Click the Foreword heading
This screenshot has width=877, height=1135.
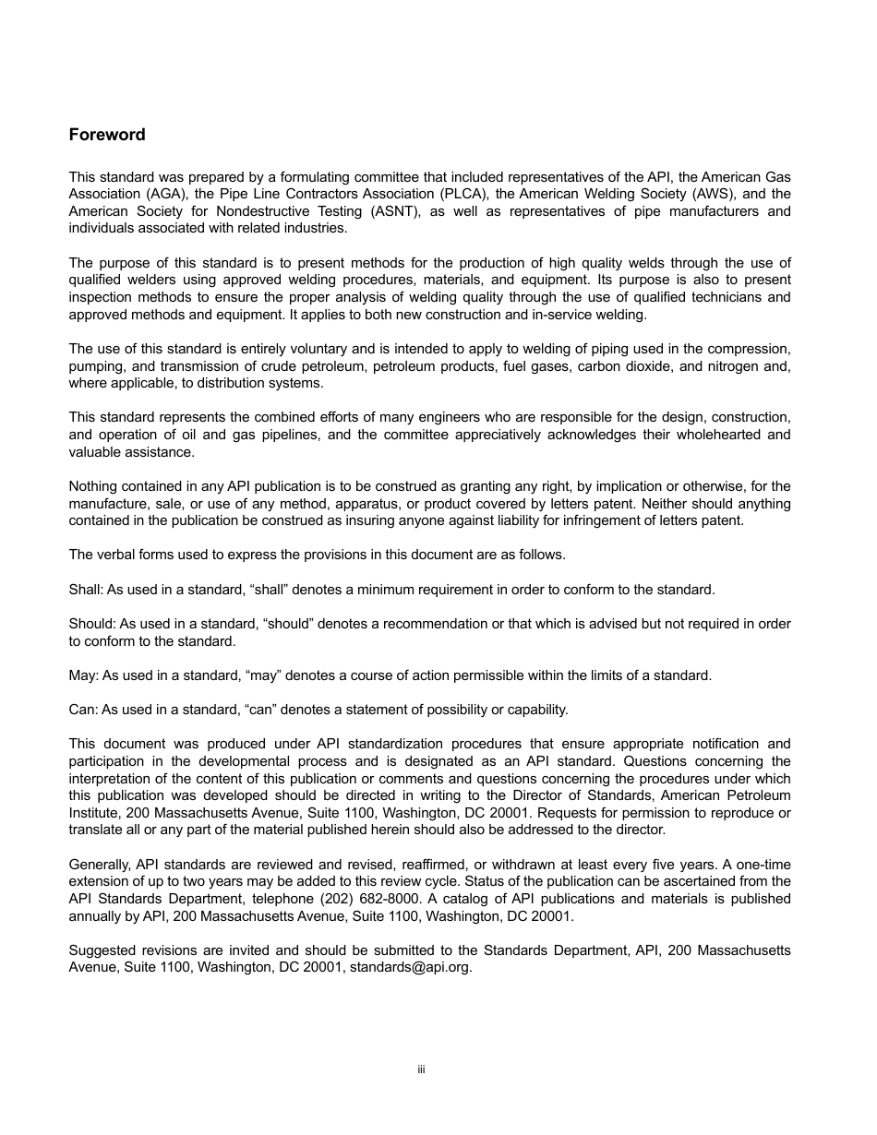tap(107, 135)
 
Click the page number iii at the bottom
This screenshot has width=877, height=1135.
tap(421, 1069)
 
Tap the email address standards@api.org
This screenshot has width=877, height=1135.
tap(410, 968)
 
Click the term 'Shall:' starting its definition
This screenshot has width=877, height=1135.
tap(86, 589)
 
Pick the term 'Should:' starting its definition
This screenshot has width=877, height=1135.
tap(92, 624)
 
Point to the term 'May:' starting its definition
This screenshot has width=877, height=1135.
tap(83, 675)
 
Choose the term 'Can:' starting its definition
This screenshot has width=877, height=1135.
tap(83, 710)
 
